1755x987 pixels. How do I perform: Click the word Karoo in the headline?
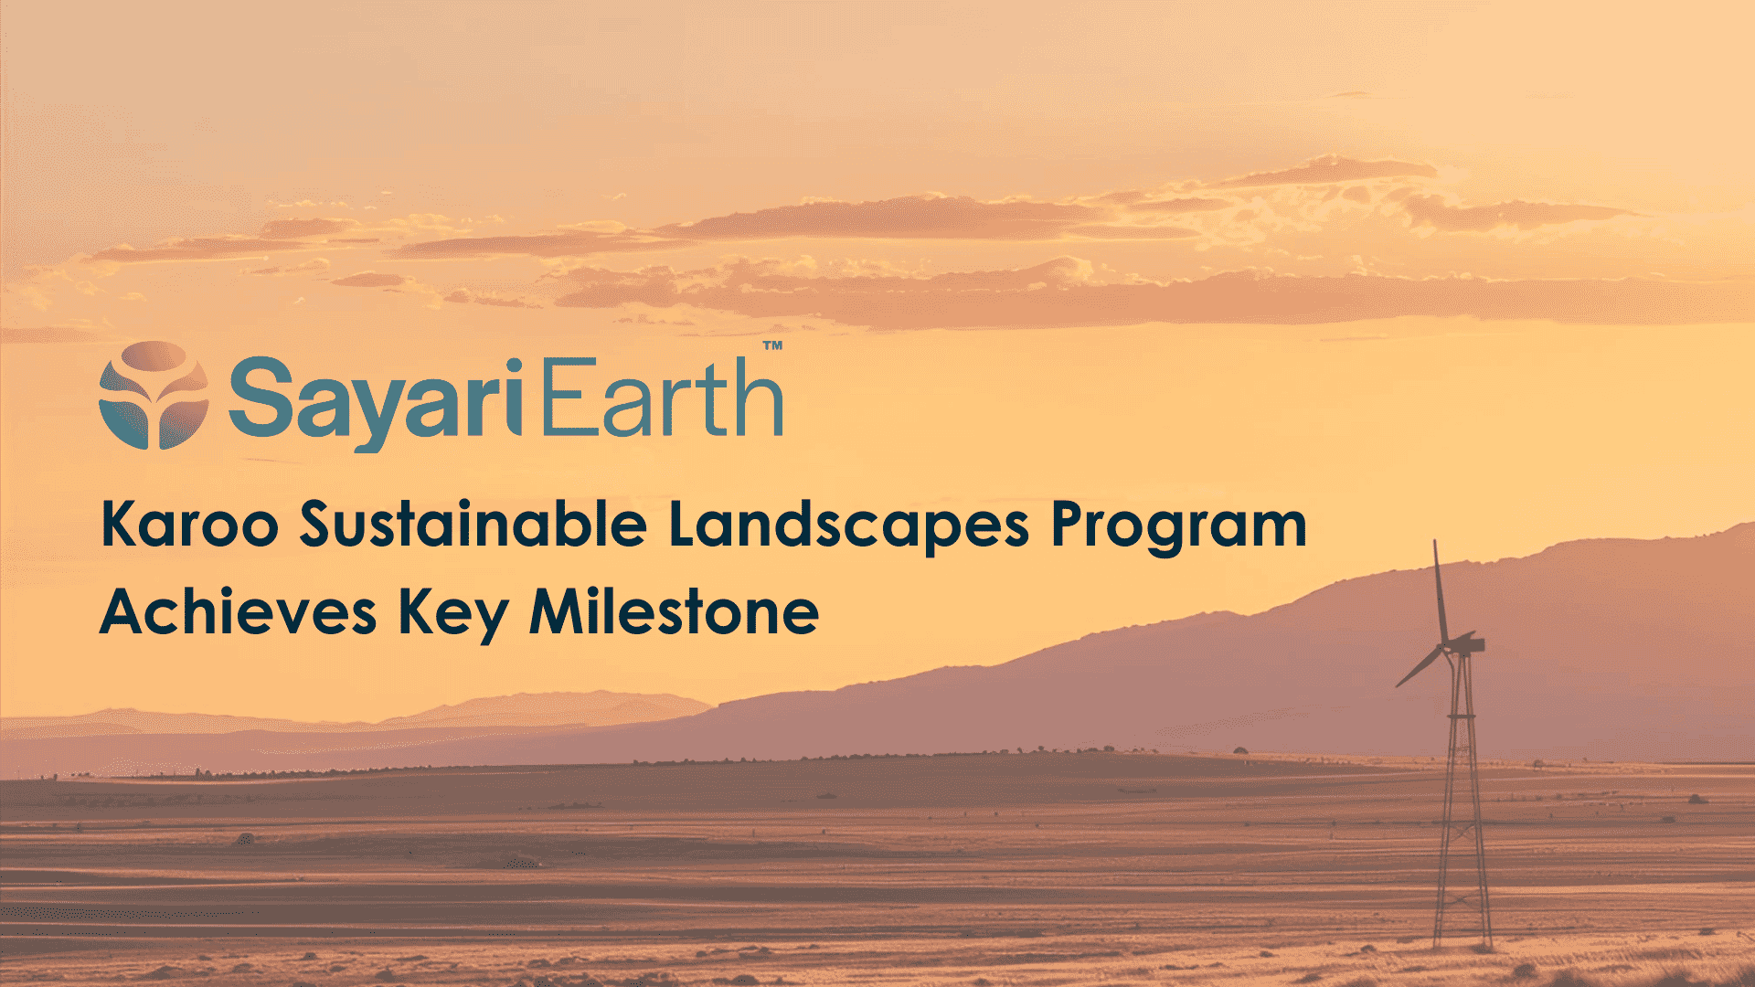pyautogui.click(x=189, y=525)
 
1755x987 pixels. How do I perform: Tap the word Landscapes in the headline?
pyautogui.click(x=849, y=526)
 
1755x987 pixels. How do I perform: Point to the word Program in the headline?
pyautogui.click(x=1178, y=526)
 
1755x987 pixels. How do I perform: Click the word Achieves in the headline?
pyautogui.click(x=238, y=611)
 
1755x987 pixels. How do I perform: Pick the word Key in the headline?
pyautogui.click(x=452, y=613)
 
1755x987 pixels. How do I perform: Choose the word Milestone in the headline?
pyautogui.click(x=674, y=611)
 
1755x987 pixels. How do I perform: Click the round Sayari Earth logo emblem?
pyautogui.click(x=153, y=395)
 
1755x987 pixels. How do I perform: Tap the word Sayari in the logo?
pyautogui.click(x=375, y=399)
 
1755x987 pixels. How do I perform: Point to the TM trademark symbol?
pyautogui.click(x=772, y=346)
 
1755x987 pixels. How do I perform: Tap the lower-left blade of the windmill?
pyautogui.click(x=1420, y=667)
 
